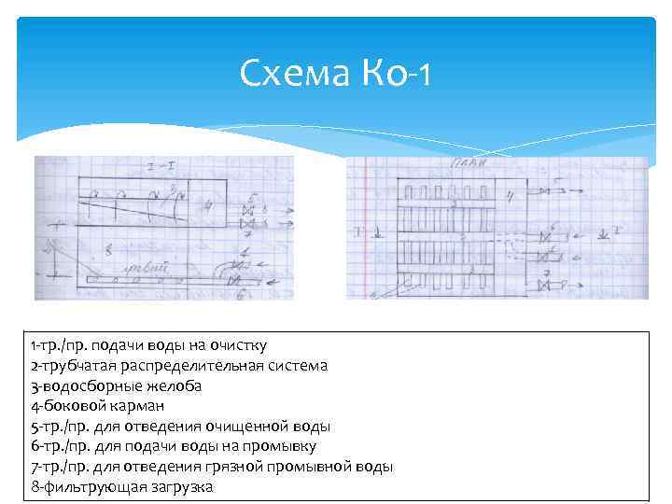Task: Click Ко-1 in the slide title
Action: coord(392,72)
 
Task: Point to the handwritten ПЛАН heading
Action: coord(467,165)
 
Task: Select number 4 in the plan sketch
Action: coord(510,196)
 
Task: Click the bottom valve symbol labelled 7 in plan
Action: coord(544,283)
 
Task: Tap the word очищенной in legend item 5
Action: coord(246,427)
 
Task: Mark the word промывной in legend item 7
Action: coord(299,467)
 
